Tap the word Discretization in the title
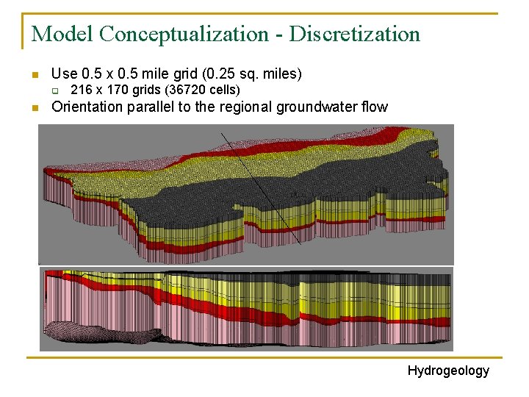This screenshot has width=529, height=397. point(355,34)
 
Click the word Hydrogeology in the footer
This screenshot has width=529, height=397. point(448,371)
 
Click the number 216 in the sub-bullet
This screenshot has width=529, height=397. point(79,90)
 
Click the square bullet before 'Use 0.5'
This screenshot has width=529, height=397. point(34,75)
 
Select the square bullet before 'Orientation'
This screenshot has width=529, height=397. point(34,108)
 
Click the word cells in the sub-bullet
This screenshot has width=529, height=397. point(224,90)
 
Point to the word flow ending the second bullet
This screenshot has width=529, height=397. point(375,107)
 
